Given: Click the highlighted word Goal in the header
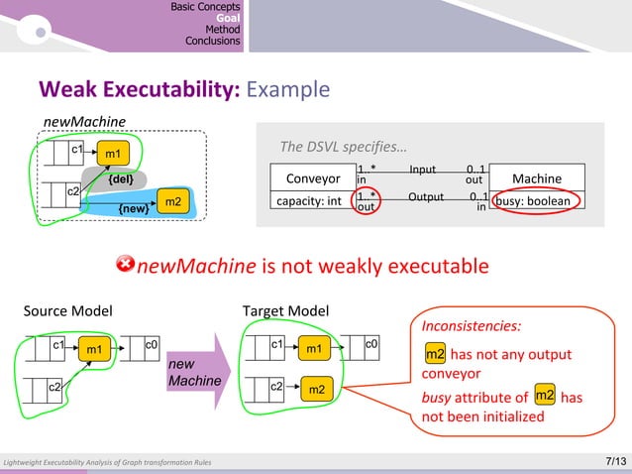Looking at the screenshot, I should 228,18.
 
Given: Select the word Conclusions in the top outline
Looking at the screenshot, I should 213,42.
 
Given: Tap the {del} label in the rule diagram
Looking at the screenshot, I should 122,180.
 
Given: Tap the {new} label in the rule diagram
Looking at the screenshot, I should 133,209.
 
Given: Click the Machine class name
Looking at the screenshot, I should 537,178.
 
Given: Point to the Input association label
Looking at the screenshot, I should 422,170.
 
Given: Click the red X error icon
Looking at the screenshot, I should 126,264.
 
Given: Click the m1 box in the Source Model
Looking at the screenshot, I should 94,349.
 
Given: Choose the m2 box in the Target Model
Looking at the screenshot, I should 316,390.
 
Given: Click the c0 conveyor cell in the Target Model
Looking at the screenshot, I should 369,346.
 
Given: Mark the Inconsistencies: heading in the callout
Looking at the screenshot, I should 472,325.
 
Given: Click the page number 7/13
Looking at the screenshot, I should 614,462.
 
